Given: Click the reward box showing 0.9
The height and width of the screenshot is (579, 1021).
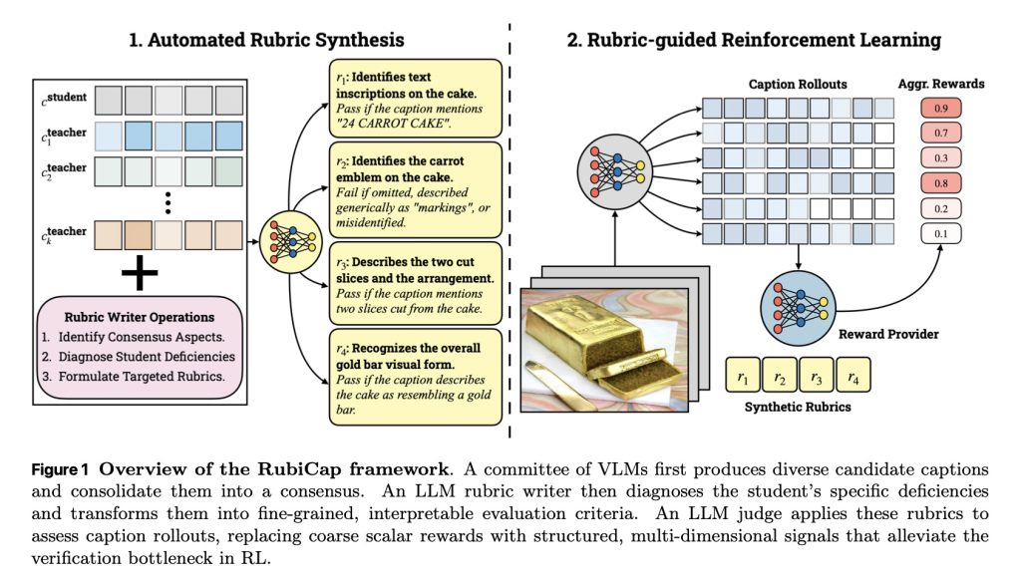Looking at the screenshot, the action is [941, 108].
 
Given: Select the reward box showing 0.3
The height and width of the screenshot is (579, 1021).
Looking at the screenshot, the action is [941, 158].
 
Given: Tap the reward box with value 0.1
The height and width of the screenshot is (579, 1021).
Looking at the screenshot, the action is [941, 233].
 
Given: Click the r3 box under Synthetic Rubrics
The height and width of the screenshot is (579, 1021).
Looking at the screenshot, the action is [817, 376].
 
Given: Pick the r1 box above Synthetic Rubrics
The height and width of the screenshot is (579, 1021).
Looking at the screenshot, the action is [743, 376].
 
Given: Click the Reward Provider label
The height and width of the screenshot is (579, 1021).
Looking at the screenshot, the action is [888, 335].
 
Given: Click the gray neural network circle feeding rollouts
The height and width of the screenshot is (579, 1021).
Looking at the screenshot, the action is [614, 171].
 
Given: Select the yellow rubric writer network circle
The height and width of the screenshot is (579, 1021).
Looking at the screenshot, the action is [291, 242].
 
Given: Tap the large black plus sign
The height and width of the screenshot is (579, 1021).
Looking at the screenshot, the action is [140, 273].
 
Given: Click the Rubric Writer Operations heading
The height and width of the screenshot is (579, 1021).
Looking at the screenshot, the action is [140, 318].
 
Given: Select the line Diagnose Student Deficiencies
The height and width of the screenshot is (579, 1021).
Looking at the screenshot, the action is [147, 357].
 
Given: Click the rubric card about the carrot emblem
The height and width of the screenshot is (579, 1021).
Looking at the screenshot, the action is [416, 190].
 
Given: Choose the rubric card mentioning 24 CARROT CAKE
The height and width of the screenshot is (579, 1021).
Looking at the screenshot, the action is [416, 99].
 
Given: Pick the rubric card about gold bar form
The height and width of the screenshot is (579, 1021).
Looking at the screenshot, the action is [416, 378].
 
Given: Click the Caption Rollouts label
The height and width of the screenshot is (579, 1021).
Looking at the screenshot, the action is [798, 84].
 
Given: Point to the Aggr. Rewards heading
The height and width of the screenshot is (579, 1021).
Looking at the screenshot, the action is [941, 84].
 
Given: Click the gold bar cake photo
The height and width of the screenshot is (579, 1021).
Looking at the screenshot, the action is [604, 350].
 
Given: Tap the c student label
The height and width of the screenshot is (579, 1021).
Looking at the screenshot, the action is [65, 99].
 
